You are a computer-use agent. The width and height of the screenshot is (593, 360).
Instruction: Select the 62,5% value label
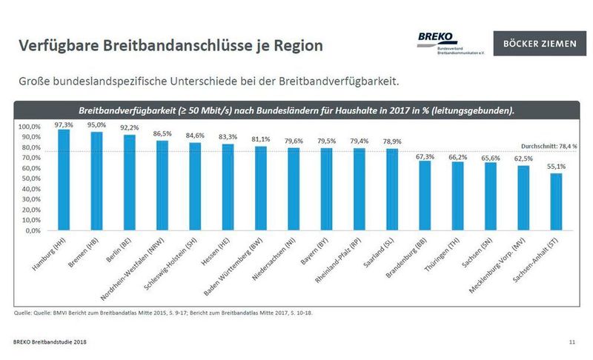point(523,159)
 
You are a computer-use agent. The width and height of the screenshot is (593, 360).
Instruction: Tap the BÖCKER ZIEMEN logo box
point(538,44)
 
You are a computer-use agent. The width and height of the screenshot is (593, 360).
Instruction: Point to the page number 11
point(572,341)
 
